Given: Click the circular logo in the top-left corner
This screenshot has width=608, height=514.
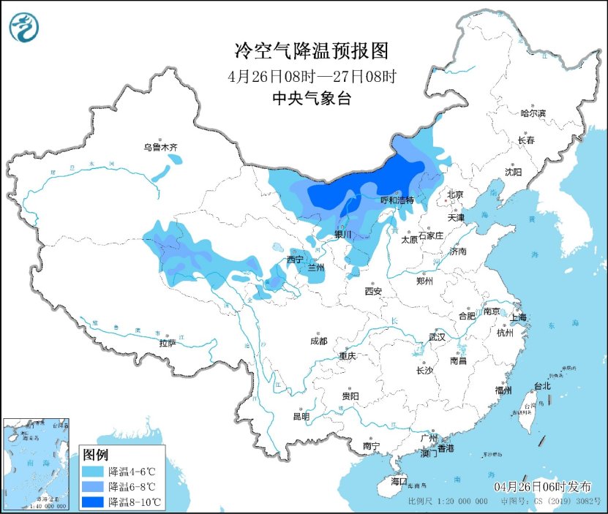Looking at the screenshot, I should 24,28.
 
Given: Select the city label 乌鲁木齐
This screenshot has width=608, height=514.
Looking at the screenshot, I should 160,148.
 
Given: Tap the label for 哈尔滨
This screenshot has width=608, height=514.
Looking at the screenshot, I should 533,113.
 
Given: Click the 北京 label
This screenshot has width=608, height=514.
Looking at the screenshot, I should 455,194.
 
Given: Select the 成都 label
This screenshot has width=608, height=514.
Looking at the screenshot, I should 318,341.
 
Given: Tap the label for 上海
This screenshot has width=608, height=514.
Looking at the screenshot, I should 518,318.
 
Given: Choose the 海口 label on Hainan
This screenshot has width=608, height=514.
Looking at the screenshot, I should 398,481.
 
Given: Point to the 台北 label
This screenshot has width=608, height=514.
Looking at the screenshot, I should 541,385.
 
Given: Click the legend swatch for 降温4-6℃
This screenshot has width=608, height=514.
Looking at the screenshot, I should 93,471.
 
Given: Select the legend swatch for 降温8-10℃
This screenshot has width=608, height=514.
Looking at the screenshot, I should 93,502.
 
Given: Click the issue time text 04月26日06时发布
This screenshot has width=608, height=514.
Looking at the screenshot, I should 542,487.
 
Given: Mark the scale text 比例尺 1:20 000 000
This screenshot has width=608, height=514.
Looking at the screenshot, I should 448,502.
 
